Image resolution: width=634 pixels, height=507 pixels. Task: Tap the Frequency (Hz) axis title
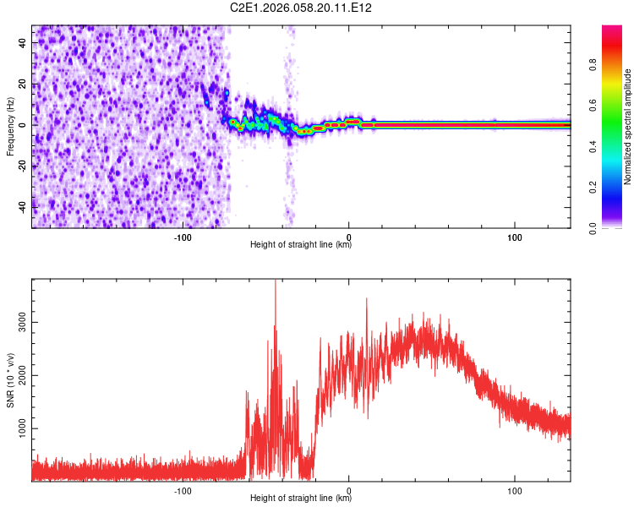(10, 127)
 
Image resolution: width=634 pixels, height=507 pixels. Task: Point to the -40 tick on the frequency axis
(23, 207)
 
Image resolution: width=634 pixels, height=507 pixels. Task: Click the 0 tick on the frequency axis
(23, 124)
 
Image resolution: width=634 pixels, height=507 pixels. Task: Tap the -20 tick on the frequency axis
(23, 166)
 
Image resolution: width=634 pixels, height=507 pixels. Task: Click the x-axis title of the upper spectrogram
(301, 245)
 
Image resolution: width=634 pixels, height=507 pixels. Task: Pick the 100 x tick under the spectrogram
(514, 237)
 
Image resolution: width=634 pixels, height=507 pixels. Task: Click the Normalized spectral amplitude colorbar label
(628, 127)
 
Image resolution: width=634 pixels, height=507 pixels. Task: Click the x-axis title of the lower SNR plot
(301, 499)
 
